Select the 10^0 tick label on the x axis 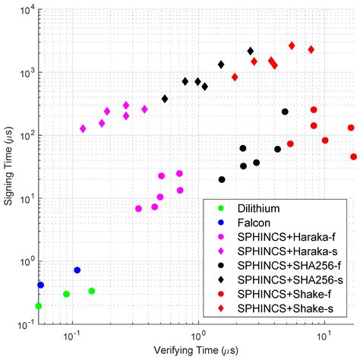(x=198, y=335)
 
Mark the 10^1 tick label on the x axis (x=324, y=335)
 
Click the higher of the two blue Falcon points (x=77, y=270)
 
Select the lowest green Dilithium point (x=39, y=306)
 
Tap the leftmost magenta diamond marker (x=83, y=129)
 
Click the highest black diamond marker (x=251, y=51)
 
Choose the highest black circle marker (x=285, y=112)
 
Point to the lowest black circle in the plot (x=222, y=180)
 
